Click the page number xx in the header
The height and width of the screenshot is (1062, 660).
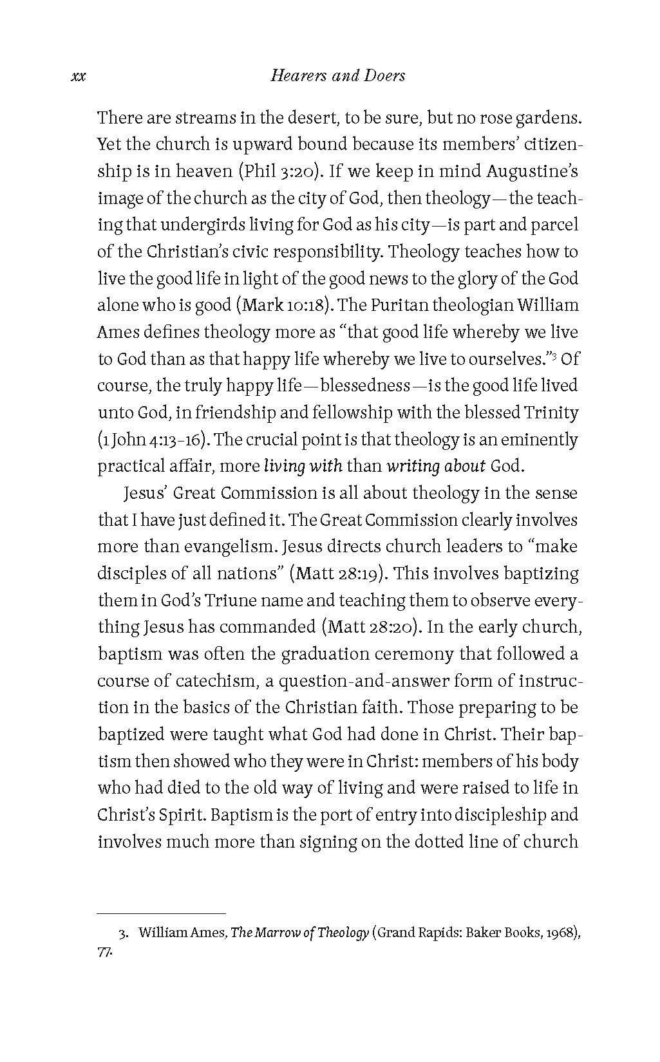78,77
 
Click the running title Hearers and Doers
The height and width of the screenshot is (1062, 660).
338,76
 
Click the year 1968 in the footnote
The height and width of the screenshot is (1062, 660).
560,933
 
